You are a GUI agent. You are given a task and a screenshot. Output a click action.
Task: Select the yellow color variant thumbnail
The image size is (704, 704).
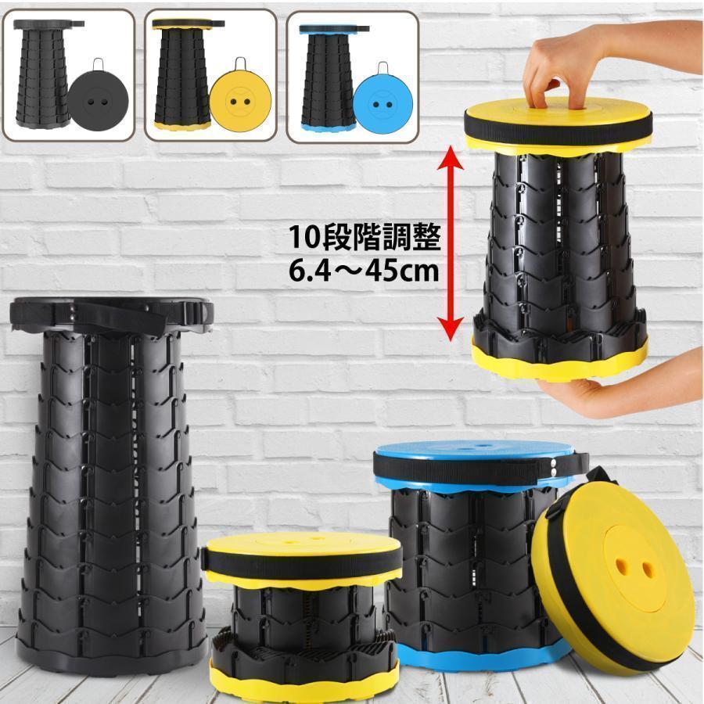211,75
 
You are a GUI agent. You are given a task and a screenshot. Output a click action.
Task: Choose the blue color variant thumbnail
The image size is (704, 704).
352,75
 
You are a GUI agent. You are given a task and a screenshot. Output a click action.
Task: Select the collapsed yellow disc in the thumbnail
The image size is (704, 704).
240,102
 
